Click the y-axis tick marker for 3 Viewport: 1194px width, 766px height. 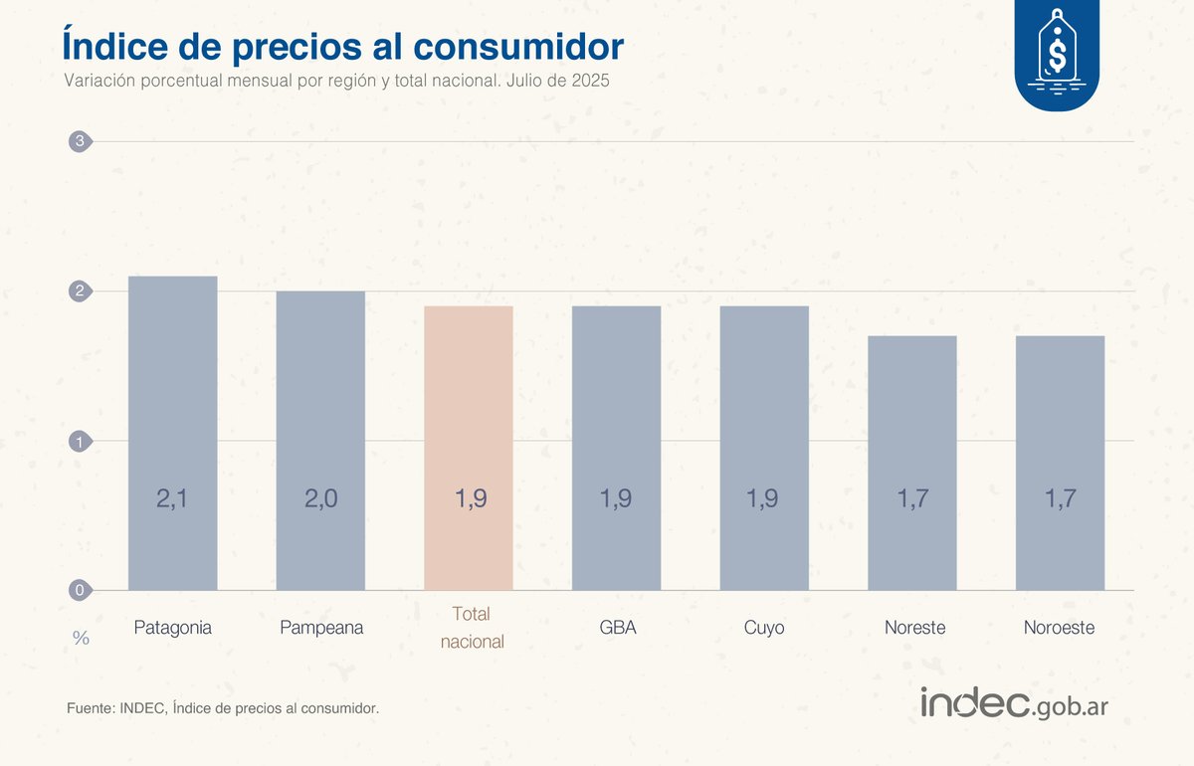tap(80, 141)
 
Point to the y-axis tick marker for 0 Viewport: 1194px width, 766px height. tap(80, 590)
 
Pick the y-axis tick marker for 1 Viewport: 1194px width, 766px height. tap(80, 441)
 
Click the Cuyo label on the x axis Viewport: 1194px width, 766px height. tap(764, 628)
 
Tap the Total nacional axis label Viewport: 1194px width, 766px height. tap(473, 628)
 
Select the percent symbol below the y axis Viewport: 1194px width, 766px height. tap(81, 638)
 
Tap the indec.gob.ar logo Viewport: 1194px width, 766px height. tap(1014, 703)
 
